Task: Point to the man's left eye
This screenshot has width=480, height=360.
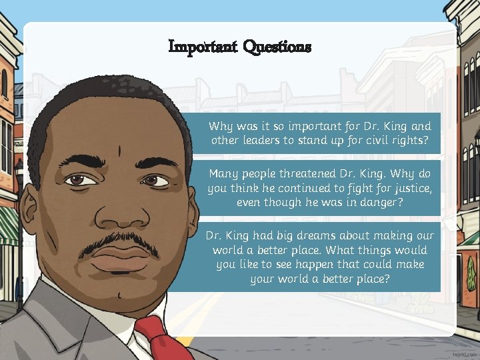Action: pyautogui.click(x=155, y=180)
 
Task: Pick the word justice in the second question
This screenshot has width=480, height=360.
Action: pyautogui.click(x=410, y=189)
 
